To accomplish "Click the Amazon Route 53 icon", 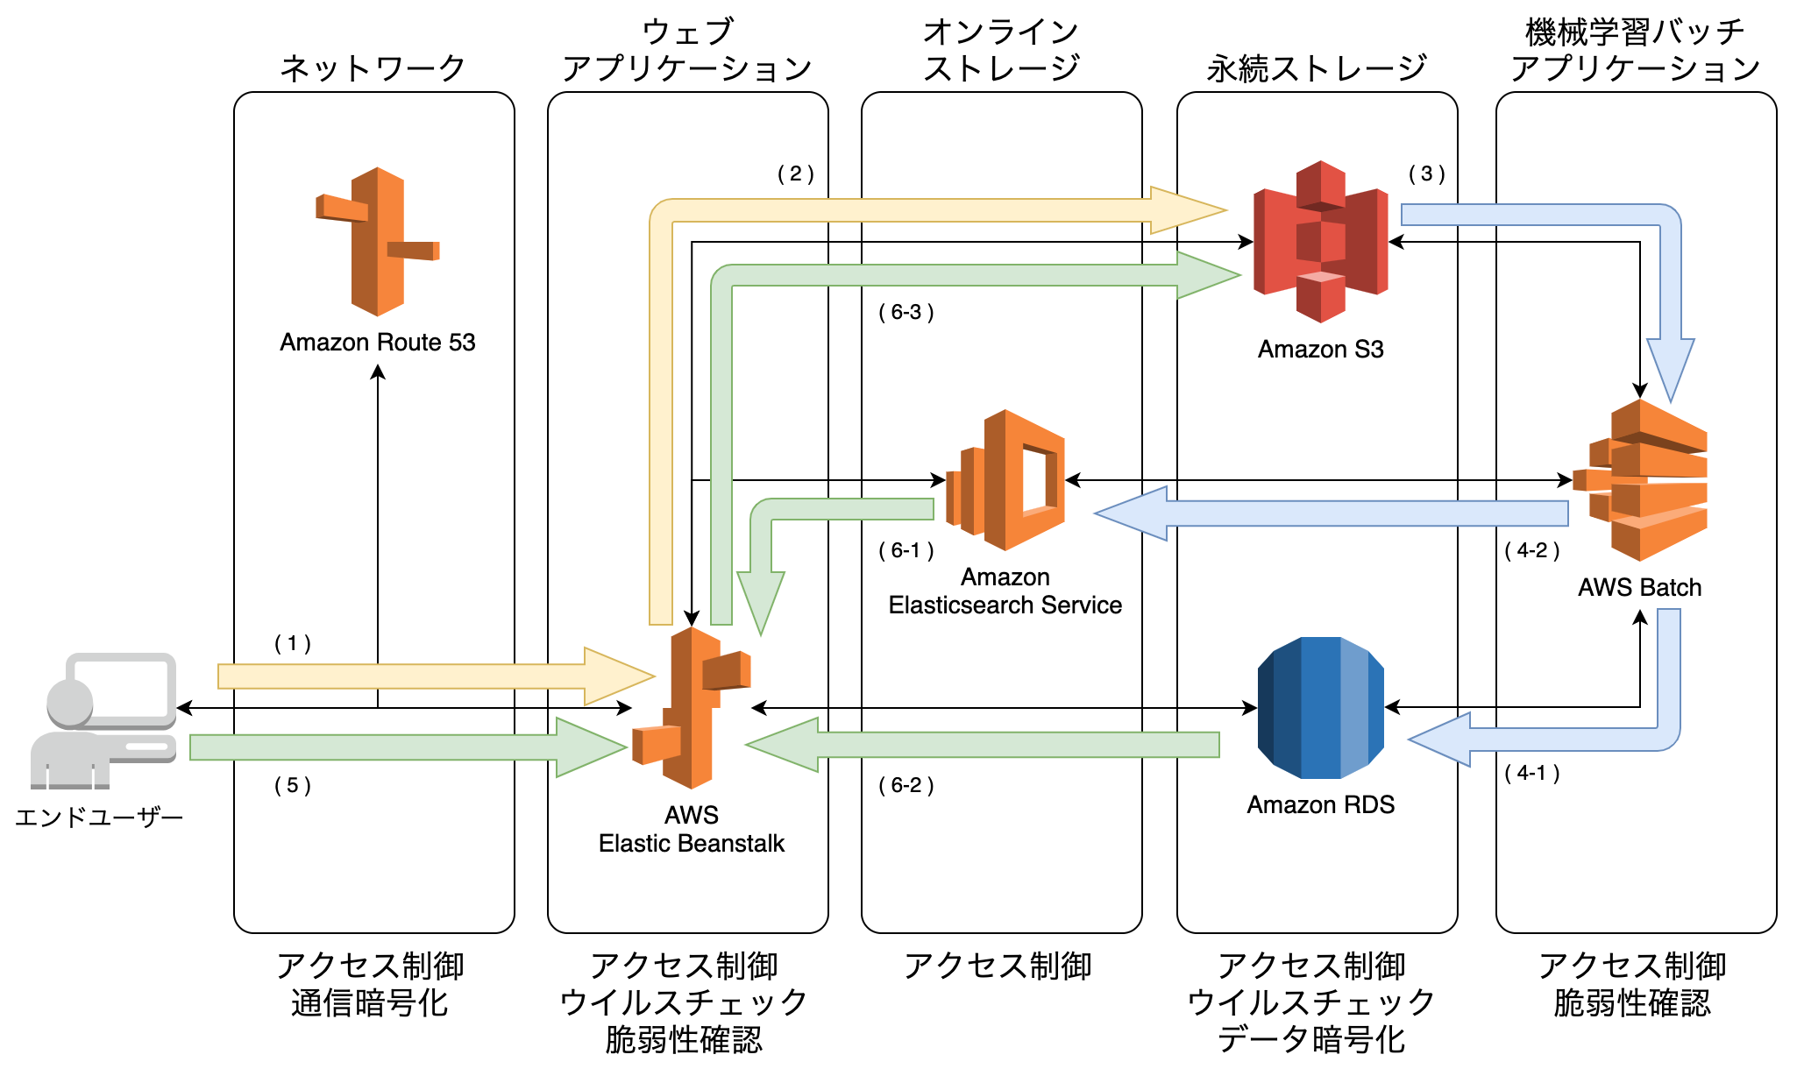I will (x=377, y=241).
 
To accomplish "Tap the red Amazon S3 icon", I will (x=1320, y=241).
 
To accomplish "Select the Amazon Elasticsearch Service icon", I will (x=1005, y=479).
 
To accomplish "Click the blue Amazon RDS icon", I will (x=1320, y=707).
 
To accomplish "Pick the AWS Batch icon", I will (x=1640, y=479).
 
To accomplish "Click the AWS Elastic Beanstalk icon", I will (x=692, y=707).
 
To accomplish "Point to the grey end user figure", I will (x=103, y=720).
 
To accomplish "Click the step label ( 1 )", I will (x=293, y=644).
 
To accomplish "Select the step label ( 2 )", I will (x=796, y=173).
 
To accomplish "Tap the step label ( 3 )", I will (x=1427, y=173).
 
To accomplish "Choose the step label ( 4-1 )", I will (x=1532, y=773).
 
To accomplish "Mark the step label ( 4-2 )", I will (x=1532, y=550).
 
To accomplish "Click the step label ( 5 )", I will (x=293, y=785).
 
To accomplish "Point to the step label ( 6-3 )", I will (x=906, y=312).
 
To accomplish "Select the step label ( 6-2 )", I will (x=906, y=785).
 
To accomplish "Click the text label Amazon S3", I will (x=1320, y=350).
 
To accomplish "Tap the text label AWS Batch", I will (x=1640, y=587).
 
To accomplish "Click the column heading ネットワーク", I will (x=373, y=68).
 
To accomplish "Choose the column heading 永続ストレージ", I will (x=1317, y=68).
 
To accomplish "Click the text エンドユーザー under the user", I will (x=99, y=818).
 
